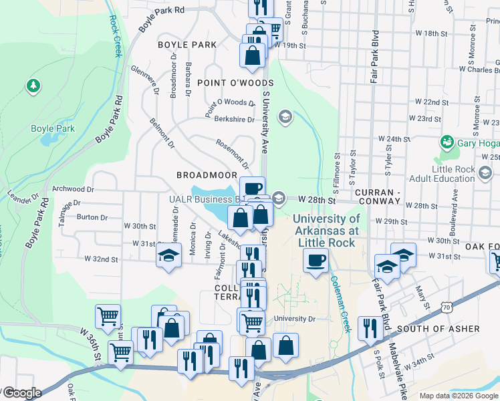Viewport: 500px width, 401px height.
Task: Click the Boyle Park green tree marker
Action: click(32, 86)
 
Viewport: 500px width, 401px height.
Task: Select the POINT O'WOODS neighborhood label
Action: click(226, 82)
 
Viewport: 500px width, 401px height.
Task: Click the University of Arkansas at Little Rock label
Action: click(326, 231)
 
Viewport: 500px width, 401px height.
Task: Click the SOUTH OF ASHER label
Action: click(438, 329)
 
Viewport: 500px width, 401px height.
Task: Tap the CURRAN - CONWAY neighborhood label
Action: click(387, 192)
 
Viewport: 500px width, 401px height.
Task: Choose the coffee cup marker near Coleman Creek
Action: click(316, 261)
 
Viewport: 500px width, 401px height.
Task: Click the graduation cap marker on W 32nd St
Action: click(169, 255)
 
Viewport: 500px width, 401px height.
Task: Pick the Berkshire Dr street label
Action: click(234, 120)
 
